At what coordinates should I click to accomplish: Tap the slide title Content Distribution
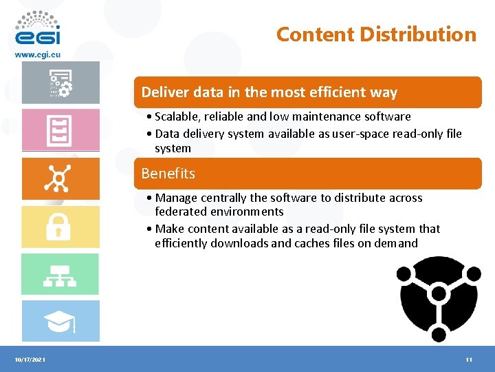[x=376, y=34]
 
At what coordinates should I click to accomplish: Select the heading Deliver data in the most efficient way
[x=269, y=92]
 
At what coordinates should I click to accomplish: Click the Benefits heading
[x=168, y=173]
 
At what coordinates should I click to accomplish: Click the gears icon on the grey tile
[x=60, y=83]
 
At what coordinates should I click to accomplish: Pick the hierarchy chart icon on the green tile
[x=60, y=274]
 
